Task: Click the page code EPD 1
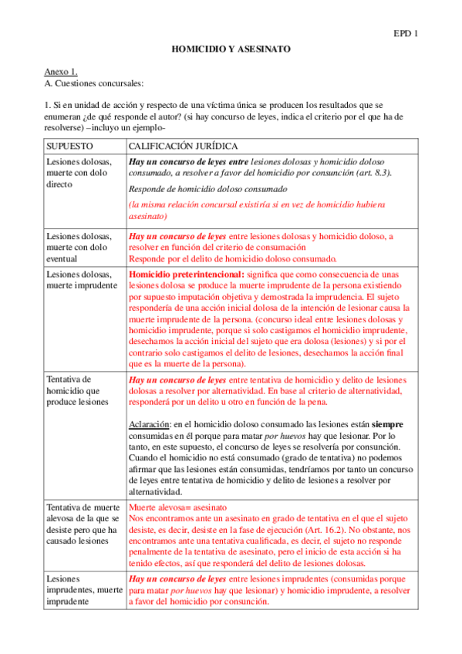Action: point(406,34)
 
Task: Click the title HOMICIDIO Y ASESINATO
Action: point(231,49)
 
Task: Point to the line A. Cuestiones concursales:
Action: point(93,82)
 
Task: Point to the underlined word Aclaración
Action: point(149,424)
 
